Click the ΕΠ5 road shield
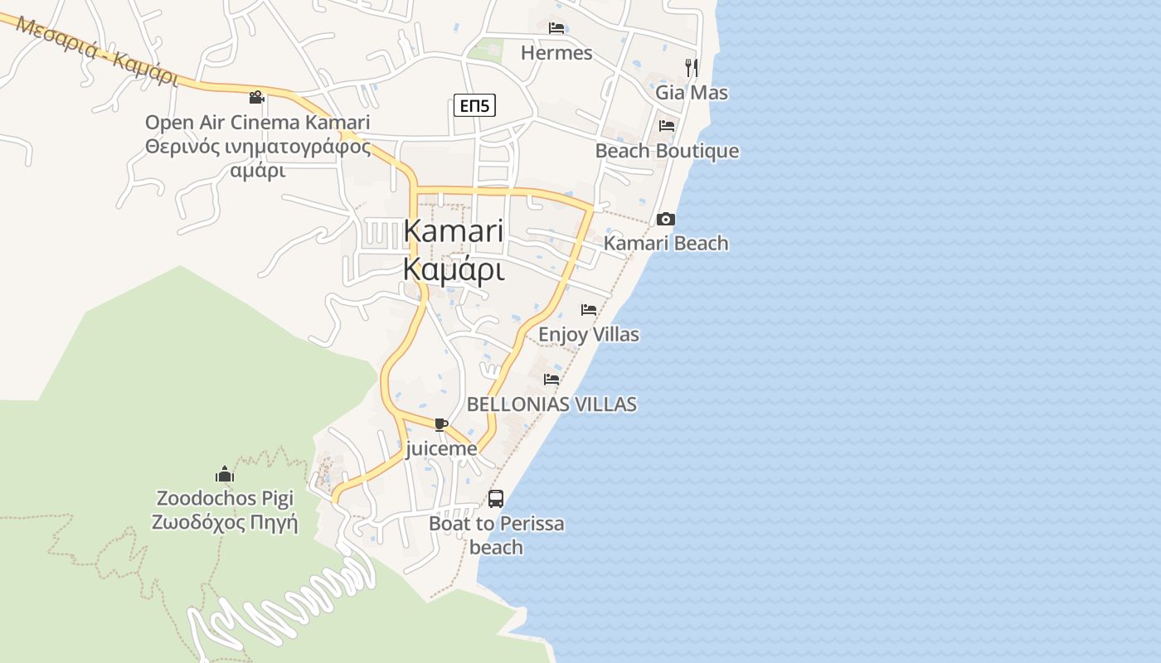475,105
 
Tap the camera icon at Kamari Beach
665,220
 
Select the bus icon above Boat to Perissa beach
495,499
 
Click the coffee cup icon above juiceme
440,425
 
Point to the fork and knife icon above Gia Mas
691,67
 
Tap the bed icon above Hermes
556,28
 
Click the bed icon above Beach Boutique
667,126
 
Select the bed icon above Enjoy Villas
589,310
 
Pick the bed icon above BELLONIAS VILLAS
551,380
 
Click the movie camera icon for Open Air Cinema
257,98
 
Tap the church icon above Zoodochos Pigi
225,475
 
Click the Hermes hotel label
556,53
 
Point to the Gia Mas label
692,92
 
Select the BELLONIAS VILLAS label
551,404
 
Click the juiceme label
442,449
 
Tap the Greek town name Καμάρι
454,269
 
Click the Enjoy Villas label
589,335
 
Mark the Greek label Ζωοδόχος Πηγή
224,524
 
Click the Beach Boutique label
667,151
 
